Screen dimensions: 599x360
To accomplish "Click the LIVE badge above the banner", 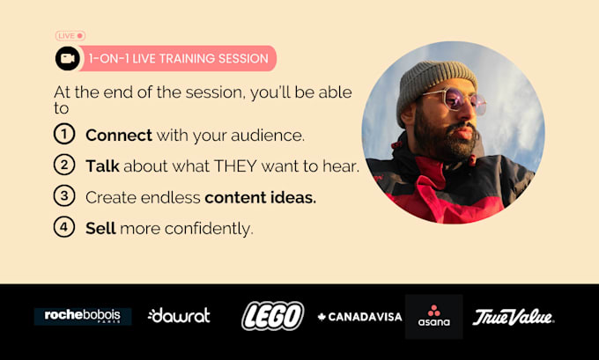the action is coord(70,36).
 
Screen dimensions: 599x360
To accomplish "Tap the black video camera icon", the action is coord(68,58).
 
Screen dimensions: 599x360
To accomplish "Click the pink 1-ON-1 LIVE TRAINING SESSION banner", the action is coord(177,58).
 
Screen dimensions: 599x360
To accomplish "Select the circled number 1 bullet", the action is coord(64,134).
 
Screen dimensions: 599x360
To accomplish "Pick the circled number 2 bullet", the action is coord(64,165).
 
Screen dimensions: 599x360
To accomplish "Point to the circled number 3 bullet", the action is coord(64,195).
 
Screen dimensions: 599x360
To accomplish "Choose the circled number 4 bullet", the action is coord(64,227).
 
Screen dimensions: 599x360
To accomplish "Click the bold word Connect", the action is coord(119,136).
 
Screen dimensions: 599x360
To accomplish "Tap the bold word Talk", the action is coord(102,166).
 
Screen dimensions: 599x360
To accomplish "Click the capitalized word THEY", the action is coord(235,166).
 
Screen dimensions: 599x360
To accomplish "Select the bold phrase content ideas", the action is coord(261,197).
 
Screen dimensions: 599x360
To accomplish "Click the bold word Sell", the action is coord(100,228).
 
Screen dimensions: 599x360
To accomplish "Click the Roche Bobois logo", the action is coord(83,317).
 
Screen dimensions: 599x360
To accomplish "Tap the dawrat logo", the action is coord(179,315).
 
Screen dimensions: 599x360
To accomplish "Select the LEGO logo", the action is coord(273,316).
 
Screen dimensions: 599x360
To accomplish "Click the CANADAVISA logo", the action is coord(360,317).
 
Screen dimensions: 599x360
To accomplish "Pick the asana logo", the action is coord(434,317).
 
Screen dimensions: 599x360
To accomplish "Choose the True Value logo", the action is coord(513,317).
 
